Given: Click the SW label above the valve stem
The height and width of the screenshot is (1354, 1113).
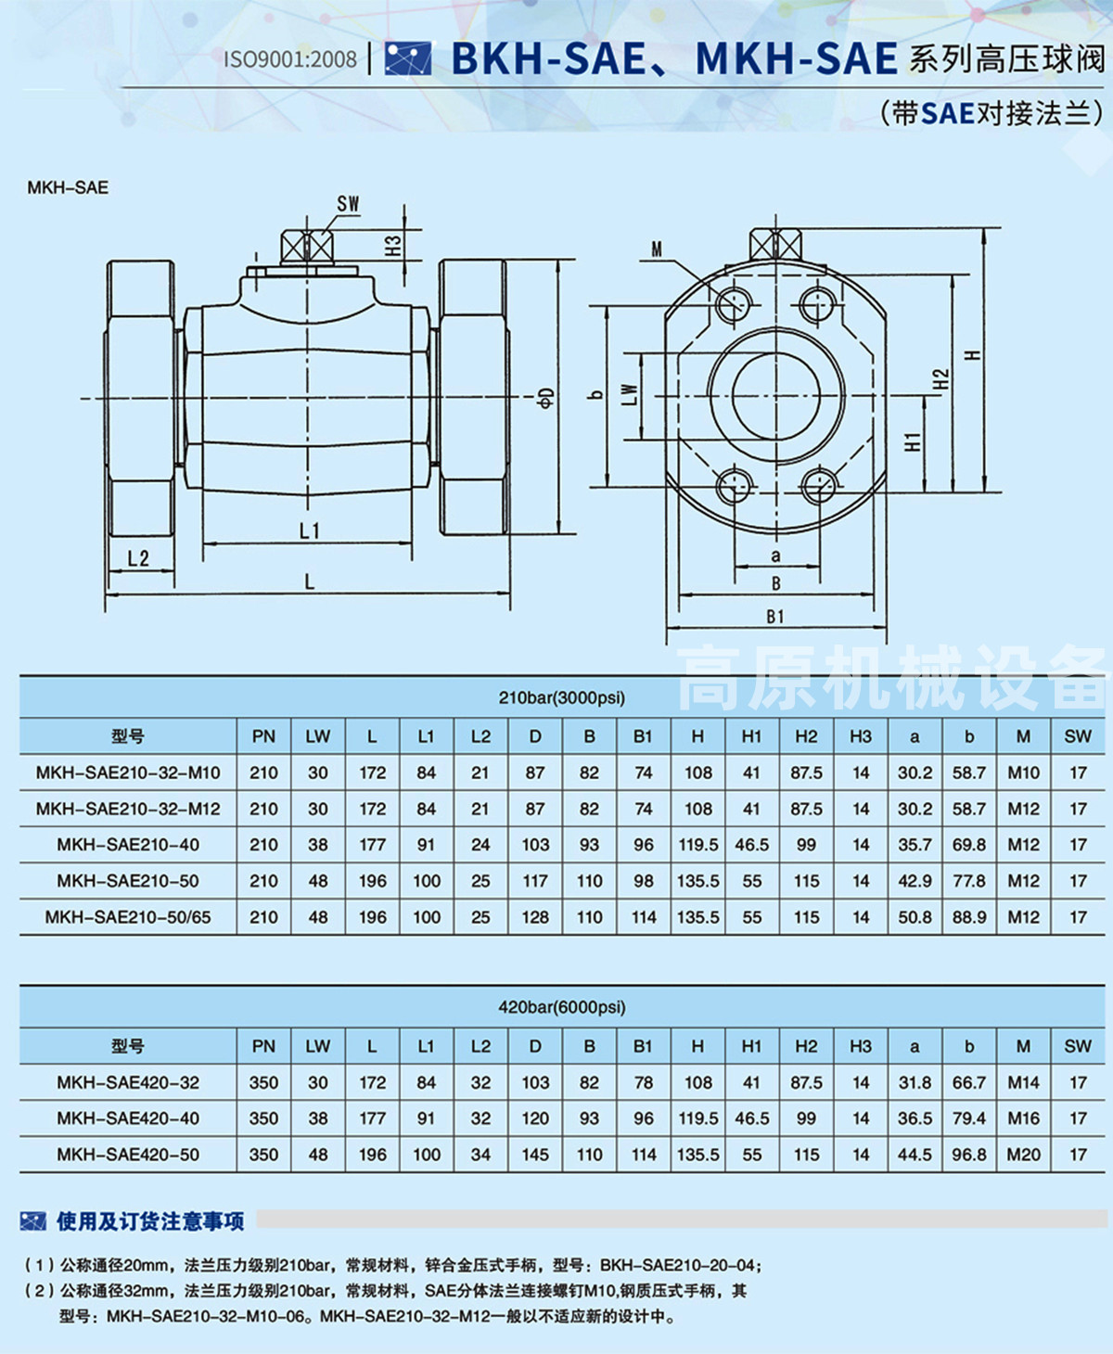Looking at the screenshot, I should pyautogui.click(x=348, y=204).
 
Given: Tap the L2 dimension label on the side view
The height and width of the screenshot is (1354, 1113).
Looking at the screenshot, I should pyautogui.click(x=138, y=558).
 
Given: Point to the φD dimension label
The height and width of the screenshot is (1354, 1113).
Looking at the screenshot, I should pyautogui.click(x=547, y=397).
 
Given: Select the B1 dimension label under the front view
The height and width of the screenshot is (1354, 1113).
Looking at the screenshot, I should pyautogui.click(x=775, y=617).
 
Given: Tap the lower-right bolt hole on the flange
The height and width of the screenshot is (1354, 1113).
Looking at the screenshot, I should pyautogui.click(x=818, y=485).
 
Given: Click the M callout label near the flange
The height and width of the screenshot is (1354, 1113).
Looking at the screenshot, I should pyautogui.click(x=657, y=249).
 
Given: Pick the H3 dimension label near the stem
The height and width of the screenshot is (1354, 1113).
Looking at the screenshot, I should pyautogui.click(x=393, y=245).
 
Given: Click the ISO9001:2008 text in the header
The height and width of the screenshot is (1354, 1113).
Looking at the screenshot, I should pyautogui.click(x=289, y=59).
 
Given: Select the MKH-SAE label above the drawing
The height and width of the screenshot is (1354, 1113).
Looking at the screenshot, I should pyautogui.click(x=68, y=187).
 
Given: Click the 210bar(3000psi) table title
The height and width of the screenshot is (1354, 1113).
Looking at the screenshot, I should pyautogui.click(x=562, y=697).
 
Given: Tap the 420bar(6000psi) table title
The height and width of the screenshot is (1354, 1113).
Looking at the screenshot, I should pyautogui.click(x=562, y=1007).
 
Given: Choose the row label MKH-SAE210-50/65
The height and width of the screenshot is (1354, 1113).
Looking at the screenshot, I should pyautogui.click(x=128, y=917).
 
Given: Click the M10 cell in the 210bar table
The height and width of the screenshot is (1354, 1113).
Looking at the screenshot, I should pyautogui.click(x=1023, y=773).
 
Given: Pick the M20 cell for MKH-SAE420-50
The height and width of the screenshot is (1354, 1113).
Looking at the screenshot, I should pyautogui.click(x=1023, y=1155).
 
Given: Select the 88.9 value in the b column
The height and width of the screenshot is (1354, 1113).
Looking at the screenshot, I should pyautogui.click(x=969, y=917).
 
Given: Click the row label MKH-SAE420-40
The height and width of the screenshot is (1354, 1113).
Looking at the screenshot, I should pyautogui.click(x=128, y=1118).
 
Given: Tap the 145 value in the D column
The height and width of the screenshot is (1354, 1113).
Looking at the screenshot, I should pyautogui.click(x=535, y=1155).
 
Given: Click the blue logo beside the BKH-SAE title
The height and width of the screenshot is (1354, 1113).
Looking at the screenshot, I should pyautogui.click(x=408, y=58).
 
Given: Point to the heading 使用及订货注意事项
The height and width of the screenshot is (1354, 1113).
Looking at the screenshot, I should pyautogui.click(x=150, y=1221).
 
